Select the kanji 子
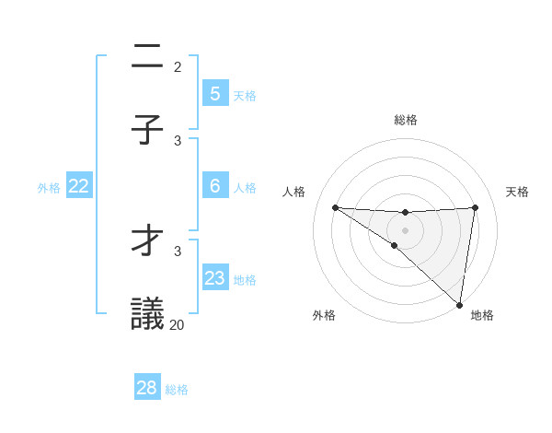pos(147,130)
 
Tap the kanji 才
pos(147,240)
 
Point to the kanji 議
pos(147,314)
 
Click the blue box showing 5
pos(214,93)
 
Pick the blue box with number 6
pos(214,186)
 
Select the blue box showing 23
pos(214,278)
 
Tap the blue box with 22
pos(79,186)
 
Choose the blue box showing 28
pos(147,388)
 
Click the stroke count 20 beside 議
pos(177,324)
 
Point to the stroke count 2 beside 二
pos(178,66)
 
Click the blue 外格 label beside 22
pos(49,187)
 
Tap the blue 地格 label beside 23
pos(245,279)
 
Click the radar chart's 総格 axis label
pos(405,120)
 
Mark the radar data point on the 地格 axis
pos(459,304)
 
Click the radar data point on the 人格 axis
pos(335,207)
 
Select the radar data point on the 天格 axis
pos(475,207)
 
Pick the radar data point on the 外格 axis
pos(395,245)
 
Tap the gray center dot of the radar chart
pos(405,229)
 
